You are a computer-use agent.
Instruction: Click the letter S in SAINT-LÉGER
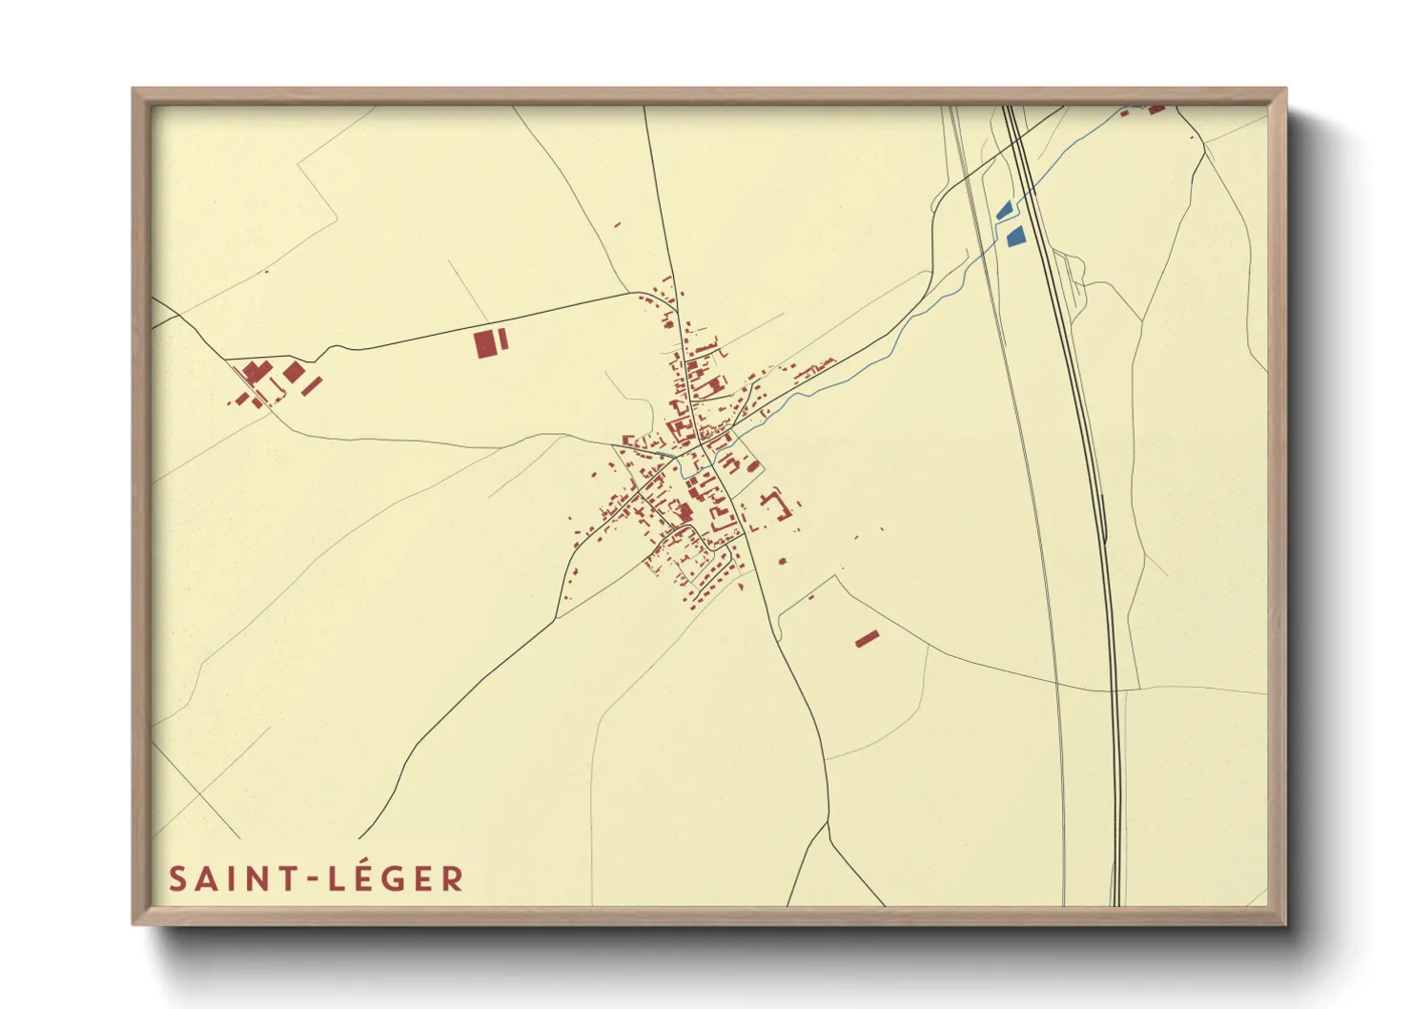(178, 879)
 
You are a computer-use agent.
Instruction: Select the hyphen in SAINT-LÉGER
(313, 880)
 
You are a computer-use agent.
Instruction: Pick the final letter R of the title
(452, 879)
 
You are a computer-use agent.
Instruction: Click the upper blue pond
(1003, 210)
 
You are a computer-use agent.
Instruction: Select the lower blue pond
(1015, 236)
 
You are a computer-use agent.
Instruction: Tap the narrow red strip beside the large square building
(502, 340)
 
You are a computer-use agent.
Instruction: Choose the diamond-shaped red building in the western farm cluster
(294, 372)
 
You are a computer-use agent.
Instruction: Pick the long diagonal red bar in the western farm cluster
(312, 385)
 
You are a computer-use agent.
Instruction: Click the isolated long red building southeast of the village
(867, 639)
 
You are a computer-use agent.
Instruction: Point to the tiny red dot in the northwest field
(267, 272)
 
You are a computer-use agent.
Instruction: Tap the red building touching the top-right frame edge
(1156, 110)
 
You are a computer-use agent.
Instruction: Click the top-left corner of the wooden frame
(134, 91)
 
